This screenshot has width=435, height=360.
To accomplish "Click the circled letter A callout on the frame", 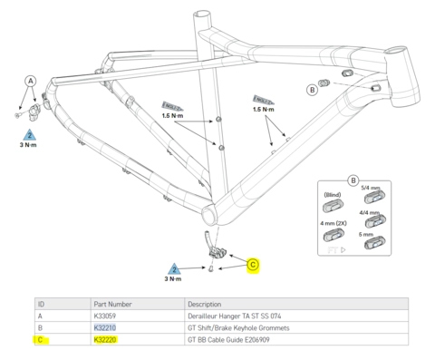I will pos(30,80).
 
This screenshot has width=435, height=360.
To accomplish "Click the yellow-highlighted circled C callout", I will pos(254,265).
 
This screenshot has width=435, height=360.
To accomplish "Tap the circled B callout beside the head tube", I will pos(312,89).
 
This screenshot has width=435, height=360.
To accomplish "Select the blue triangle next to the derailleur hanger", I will pos(29,135).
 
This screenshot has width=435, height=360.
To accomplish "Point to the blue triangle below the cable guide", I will pos(174,269).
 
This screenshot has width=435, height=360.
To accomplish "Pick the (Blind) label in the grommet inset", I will pos(332,194).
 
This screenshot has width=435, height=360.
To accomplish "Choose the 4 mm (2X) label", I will pos(332,220).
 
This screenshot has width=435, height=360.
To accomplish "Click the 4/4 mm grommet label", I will pos(371,212).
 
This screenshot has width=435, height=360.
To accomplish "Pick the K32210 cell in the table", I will pos(107,327).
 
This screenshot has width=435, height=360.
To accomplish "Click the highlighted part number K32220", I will pos(107,340).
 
